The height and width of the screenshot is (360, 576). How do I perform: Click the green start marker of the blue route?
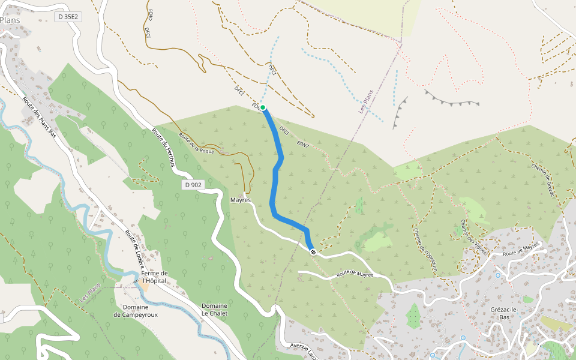click(263, 107)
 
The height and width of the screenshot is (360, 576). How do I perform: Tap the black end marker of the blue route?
click(313, 252)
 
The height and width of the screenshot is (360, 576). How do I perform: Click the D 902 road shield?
click(193, 185)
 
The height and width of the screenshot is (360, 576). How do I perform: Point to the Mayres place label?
click(240, 200)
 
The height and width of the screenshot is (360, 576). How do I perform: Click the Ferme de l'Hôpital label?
click(154, 277)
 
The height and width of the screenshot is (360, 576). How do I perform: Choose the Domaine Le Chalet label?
click(214, 310)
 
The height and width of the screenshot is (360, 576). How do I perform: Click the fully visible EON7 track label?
click(302, 145)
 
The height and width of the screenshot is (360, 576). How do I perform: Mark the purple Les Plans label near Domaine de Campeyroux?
click(89, 292)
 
